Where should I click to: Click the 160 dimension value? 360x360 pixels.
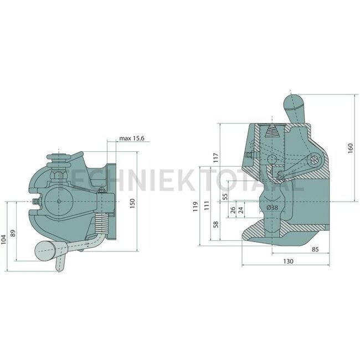[x=351, y=149]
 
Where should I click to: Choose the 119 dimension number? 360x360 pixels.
[x=196, y=208]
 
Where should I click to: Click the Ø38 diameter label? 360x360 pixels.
[x=272, y=207]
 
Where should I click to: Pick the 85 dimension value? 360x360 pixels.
[x=315, y=249]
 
